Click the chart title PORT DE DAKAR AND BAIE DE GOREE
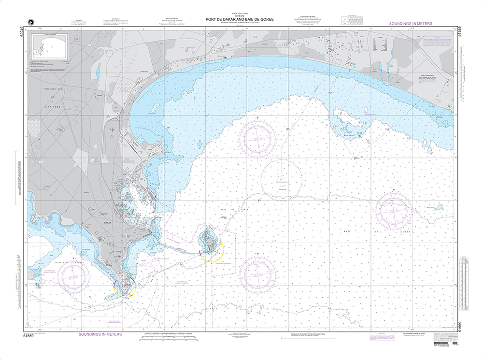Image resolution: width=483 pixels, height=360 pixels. click(x=241, y=20)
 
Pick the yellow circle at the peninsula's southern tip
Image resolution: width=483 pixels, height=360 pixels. click(x=125, y=287)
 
